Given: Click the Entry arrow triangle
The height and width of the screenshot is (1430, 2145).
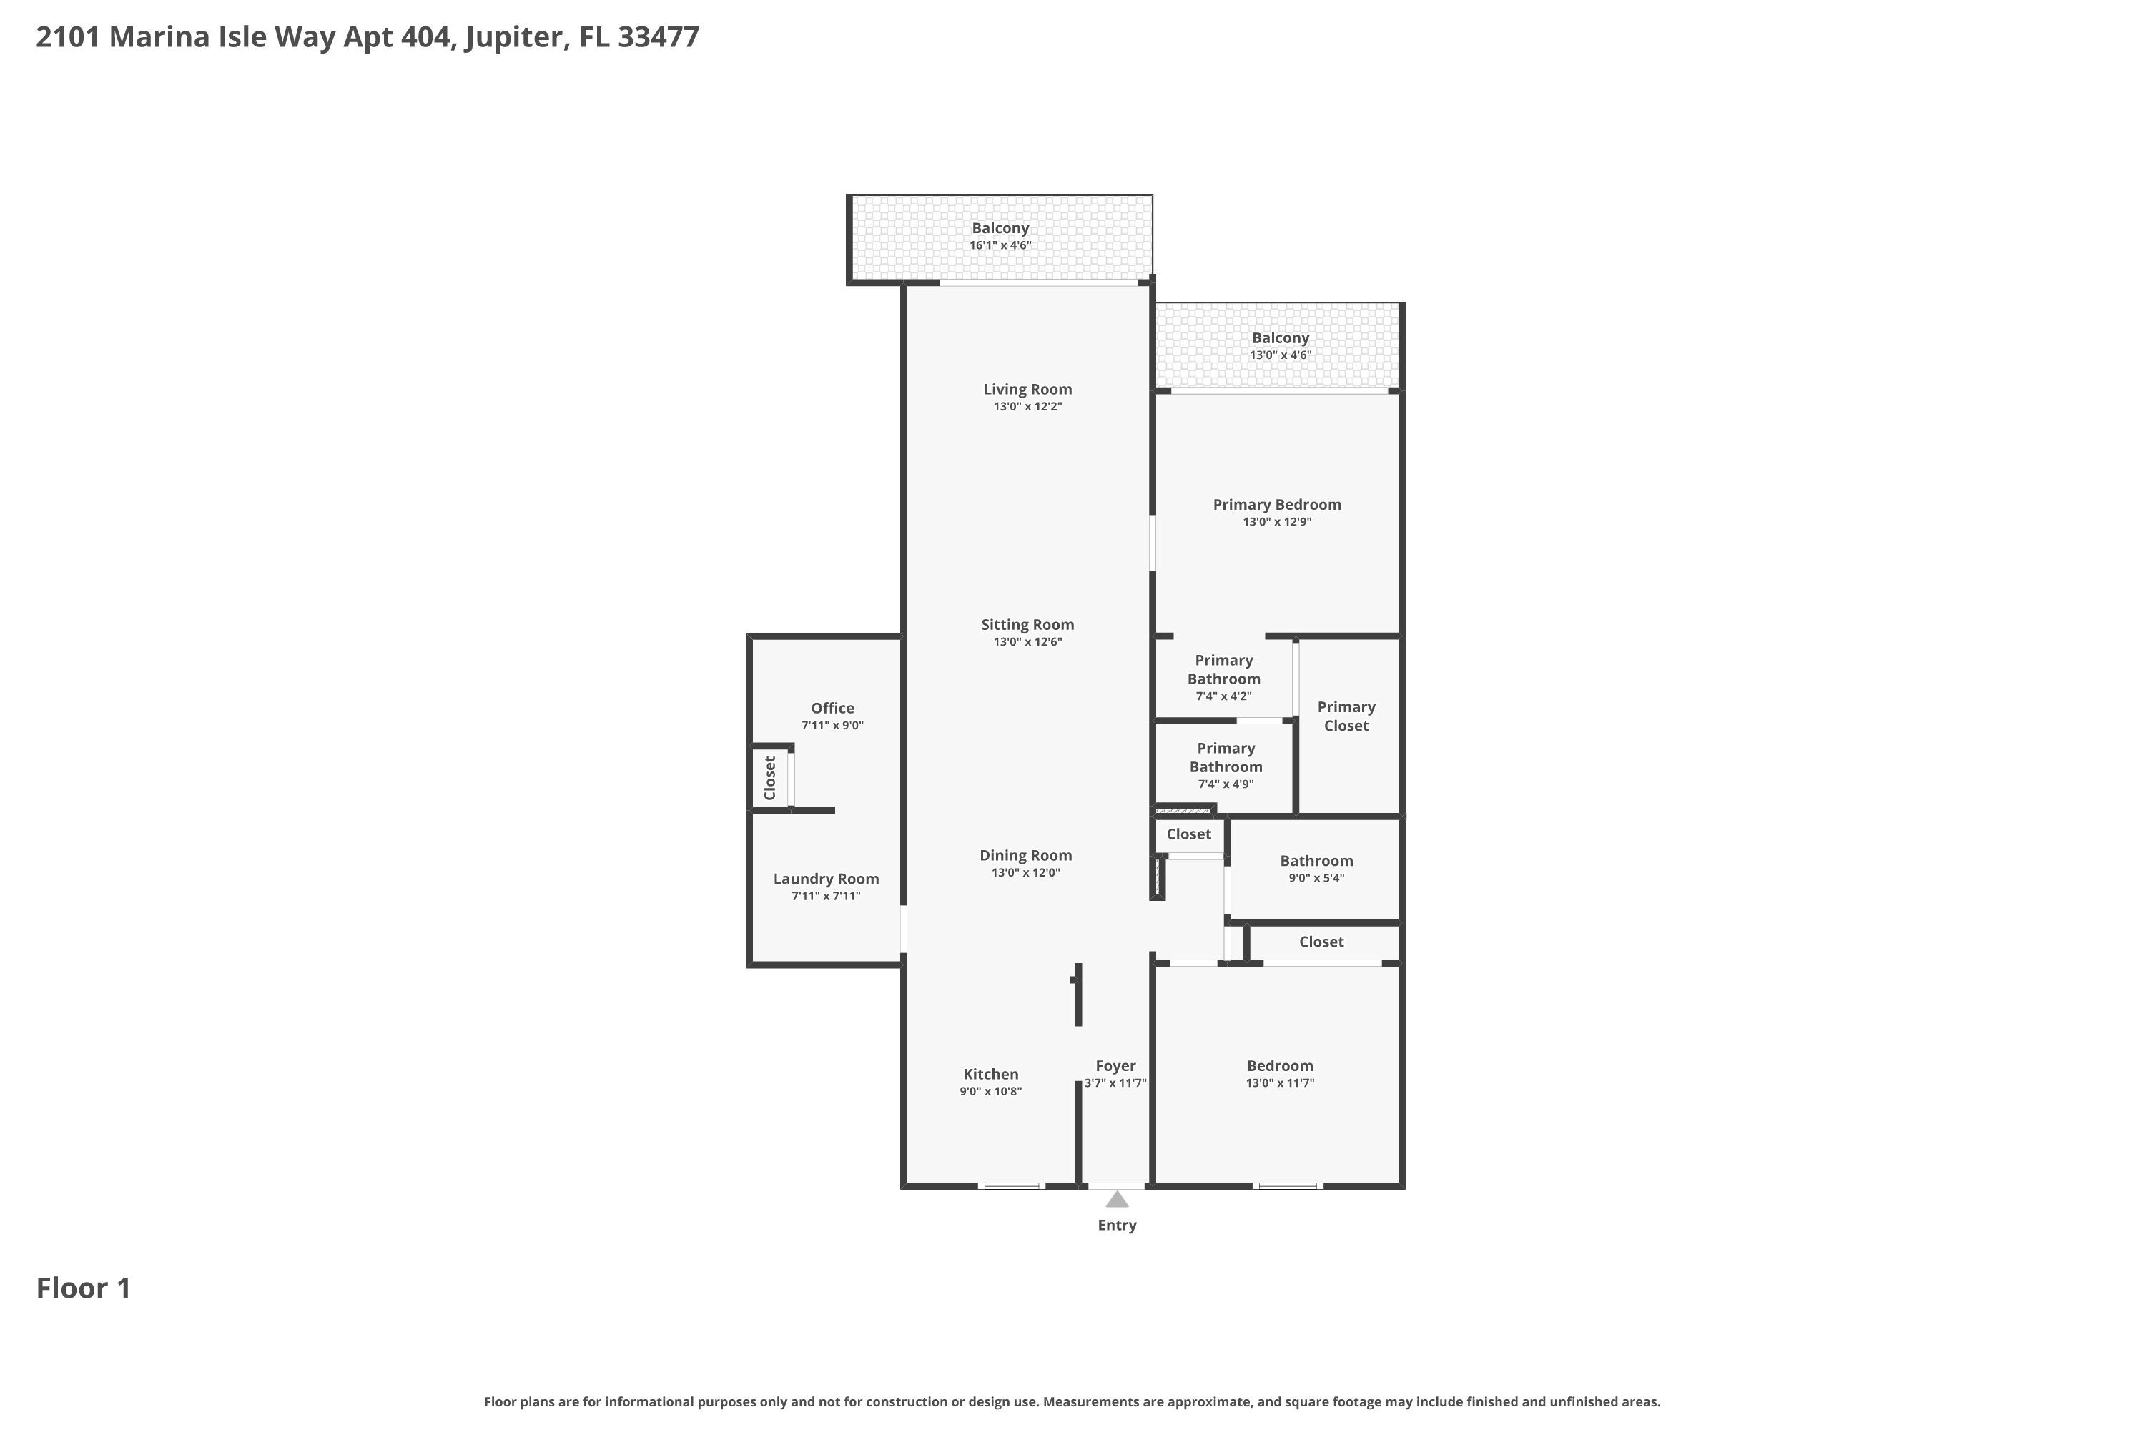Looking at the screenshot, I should pos(1116,1199).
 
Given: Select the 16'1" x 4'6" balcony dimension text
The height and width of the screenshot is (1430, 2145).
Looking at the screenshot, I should pos(1000,245).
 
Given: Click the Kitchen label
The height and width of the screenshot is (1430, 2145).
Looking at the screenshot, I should pos(990,1075).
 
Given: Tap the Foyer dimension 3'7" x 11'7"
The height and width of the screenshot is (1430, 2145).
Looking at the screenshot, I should pos(1115,1083).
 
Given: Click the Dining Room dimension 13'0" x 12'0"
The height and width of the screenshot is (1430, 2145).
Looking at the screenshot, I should pos(1025,873).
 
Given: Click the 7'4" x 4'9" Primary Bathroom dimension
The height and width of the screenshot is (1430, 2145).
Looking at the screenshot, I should pos(1225,784).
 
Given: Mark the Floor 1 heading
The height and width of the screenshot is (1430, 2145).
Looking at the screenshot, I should pos(83,1288).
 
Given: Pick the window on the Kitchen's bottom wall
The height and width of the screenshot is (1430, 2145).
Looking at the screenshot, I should pos(1012,1185).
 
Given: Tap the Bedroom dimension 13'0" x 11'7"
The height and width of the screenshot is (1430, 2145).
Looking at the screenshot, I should pos(1280,1083).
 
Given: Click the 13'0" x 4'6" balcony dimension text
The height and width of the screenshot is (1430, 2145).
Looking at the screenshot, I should pos(1280,355).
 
